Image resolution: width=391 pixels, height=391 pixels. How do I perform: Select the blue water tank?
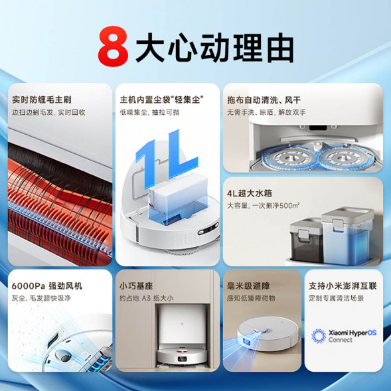345,229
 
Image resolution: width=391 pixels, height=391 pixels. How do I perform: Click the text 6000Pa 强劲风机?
47,286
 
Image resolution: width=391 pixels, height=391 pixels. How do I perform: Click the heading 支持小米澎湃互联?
343,286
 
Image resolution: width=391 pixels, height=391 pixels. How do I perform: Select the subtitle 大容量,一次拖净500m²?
262,206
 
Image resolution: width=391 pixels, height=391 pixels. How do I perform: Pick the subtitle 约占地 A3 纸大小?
146,298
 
